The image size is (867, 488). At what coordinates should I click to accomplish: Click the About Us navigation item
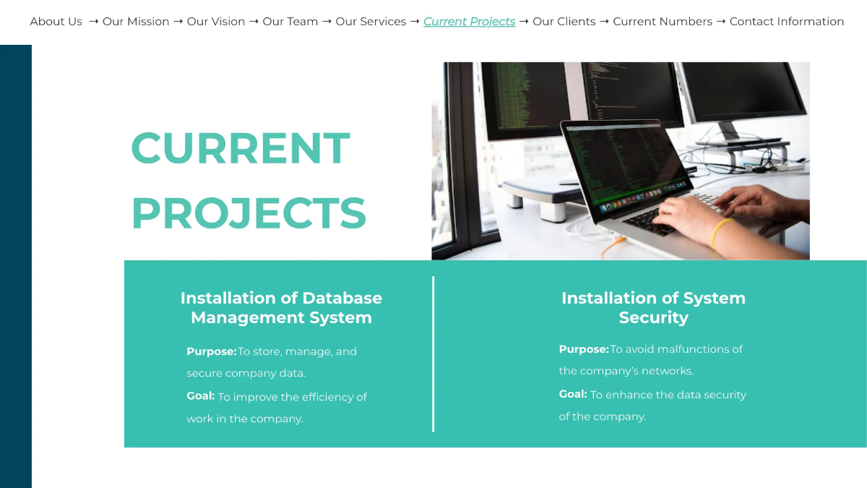click(56, 22)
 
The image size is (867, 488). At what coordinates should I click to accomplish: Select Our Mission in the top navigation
click(136, 22)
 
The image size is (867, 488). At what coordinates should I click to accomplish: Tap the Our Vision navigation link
click(216, 22)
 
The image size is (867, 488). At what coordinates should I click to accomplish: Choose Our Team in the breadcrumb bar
click(290, 22)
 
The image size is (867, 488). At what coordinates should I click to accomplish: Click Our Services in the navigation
click(371, 22)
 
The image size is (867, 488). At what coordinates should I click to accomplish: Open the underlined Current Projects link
click(469, 22)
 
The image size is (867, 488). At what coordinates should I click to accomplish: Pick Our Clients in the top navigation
click(564, 22)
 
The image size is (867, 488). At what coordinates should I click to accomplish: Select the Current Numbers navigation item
click(663, 22)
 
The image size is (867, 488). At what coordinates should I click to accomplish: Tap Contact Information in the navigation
click(787, 22)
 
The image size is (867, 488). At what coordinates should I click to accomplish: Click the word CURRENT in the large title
click(241, 148)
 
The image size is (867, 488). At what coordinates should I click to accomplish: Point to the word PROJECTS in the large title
click(249, 213)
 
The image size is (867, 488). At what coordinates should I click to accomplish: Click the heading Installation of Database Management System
click(281, 307)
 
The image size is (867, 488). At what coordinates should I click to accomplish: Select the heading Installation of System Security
click(653, 307)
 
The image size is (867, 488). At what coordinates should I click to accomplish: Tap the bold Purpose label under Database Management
click(211, 351)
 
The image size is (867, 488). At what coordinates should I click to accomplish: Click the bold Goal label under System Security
click(572, 394)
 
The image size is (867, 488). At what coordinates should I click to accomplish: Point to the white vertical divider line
click(433, 354)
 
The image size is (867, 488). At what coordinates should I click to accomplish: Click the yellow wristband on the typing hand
click(721, 232)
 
